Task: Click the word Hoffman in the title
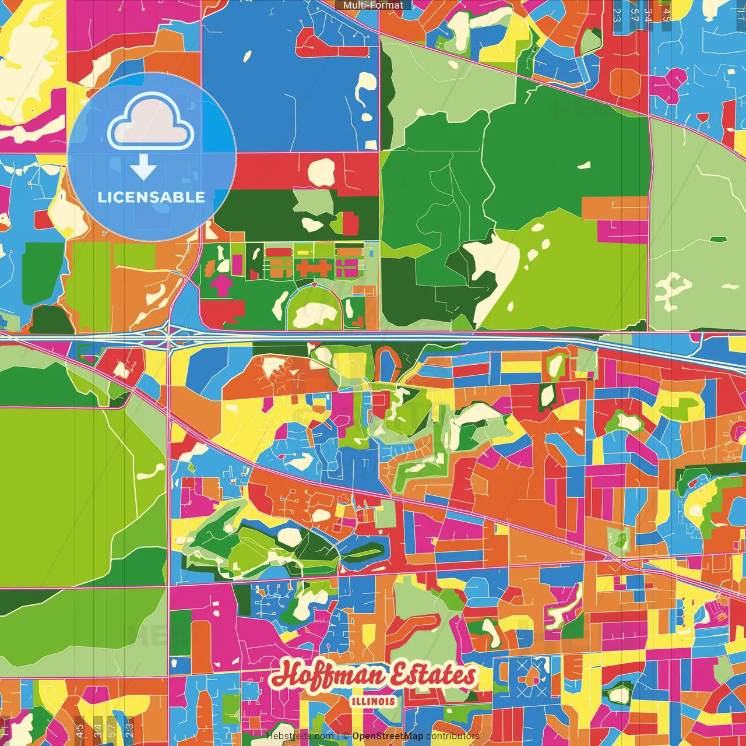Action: click(329, 676)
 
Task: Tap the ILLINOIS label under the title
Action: click(373, 701)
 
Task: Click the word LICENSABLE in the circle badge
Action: click(152, 197)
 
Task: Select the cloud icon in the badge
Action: click(151, 121)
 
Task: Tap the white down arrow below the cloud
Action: click(143, 168)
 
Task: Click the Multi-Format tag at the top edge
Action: click(373, 5)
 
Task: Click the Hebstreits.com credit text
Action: click(300, 736)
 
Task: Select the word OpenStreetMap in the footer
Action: click(388, 736)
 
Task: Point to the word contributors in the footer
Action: click(452, 736)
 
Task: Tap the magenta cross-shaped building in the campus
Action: click(220, 285)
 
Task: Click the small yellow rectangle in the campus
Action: click(304, 252)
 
